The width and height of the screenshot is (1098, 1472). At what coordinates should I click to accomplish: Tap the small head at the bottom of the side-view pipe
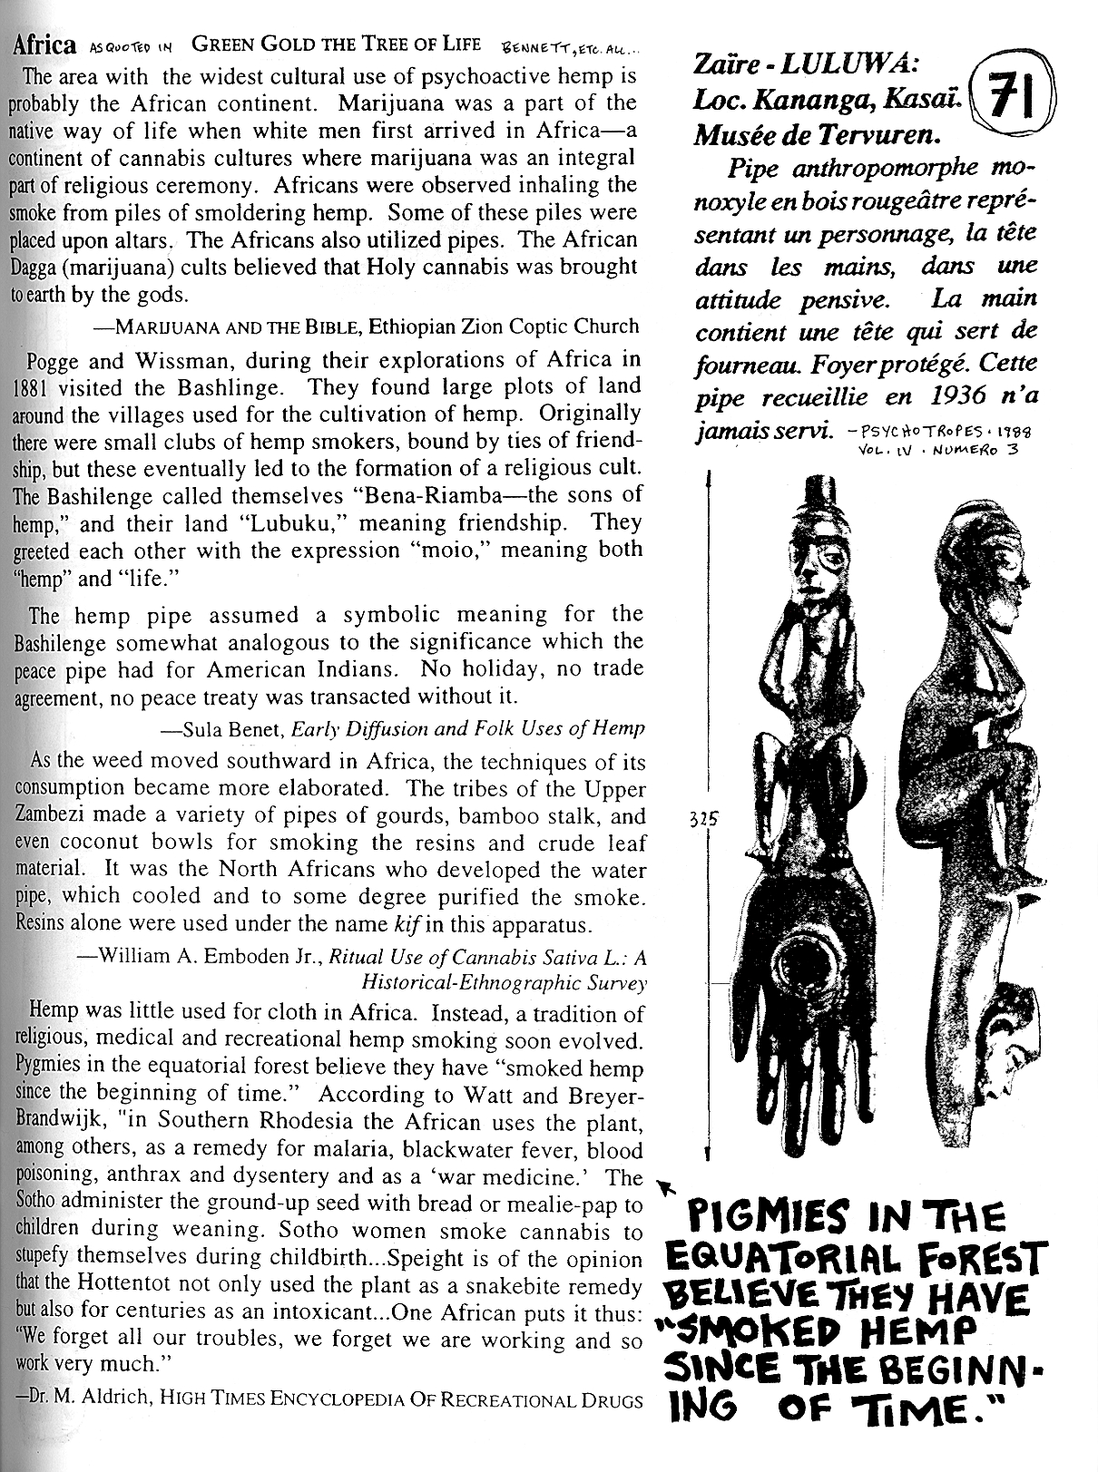pos(1007,1043)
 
